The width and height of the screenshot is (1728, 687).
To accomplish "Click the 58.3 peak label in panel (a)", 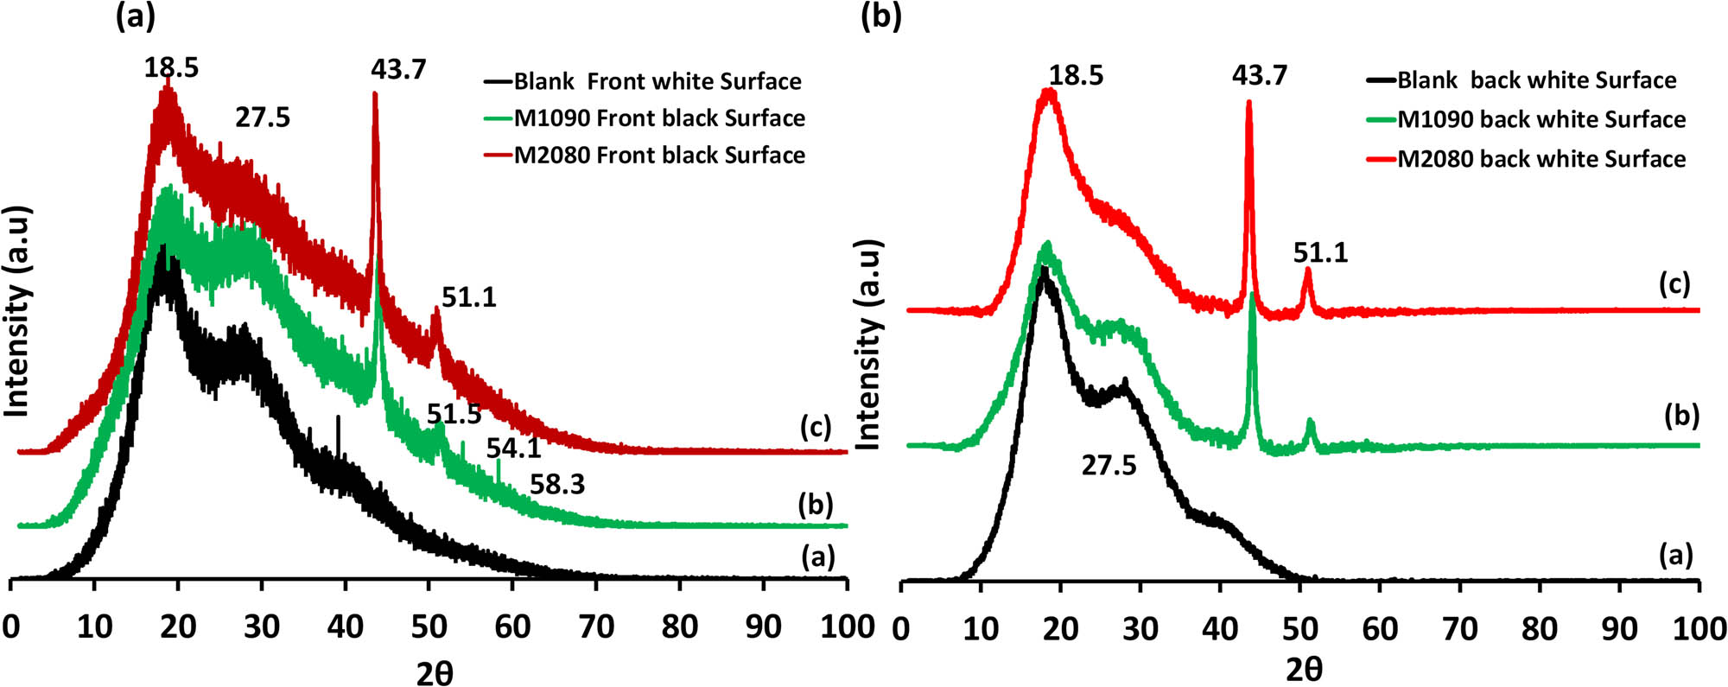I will (x=556, y=485).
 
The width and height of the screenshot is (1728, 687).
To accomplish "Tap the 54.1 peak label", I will (x=513, y=448).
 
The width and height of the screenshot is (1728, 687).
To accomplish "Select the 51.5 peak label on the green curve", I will (x=454, y=415).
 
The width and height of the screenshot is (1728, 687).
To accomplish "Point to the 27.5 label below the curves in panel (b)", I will (x=1109, y=466).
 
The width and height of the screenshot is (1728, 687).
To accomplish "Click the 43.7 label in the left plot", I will (x=398, y=69).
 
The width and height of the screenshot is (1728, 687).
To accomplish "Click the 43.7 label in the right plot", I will (x=1259, y=75).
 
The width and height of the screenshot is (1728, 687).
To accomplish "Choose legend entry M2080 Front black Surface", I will (x=659, y=156).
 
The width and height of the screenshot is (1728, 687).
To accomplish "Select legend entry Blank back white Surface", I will (x=1536, y=80).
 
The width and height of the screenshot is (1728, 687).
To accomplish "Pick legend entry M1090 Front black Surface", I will (x=659, y=118).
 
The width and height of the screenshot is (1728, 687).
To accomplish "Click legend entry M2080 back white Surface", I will (x=1541, y=159).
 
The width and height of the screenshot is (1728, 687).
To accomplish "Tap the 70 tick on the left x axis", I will (x=596, y=627).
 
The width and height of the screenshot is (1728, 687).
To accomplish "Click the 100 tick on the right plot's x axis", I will (x=1699, y=628).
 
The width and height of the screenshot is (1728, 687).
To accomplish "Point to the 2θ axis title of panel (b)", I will (x=1303, y=669).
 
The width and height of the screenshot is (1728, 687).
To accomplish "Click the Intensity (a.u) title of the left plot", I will (x=17, y=311).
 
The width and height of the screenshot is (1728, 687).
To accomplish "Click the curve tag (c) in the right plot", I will (x=1674, y=283).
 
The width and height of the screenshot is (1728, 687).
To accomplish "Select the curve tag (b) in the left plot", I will (x=816, y=506).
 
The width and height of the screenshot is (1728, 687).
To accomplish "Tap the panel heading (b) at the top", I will (x=880, y=16).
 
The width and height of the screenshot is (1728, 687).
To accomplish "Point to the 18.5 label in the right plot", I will (x=1076, y=75).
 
